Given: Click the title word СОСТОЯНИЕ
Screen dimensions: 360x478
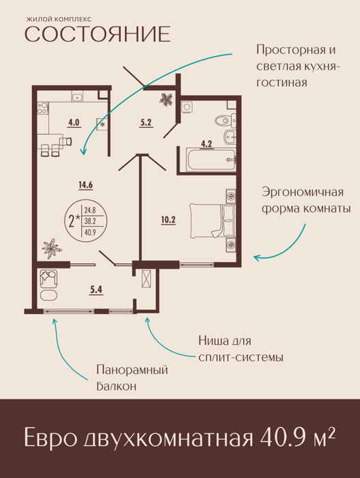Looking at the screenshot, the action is (97, 34).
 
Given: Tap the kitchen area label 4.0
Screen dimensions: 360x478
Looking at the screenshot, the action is (74, 122).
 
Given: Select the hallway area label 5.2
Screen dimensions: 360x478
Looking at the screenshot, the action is (146, 122).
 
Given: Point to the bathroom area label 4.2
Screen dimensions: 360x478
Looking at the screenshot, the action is (206, 143).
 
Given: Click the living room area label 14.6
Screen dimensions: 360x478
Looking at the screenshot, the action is (85, 185).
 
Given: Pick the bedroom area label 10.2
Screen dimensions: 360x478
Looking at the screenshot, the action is (169, 220).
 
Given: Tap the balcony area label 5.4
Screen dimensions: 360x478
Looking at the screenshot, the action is (96, 290).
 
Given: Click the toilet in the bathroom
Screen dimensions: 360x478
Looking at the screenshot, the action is (225, 121).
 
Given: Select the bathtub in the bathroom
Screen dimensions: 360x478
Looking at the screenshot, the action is (211, 160).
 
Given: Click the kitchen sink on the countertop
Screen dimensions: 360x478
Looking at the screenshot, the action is (78, 97).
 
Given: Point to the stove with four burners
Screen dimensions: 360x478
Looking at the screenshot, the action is (43, 108).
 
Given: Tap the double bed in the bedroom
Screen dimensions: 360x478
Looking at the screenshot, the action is (212, 221).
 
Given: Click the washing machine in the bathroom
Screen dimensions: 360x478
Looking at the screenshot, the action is (186, 107).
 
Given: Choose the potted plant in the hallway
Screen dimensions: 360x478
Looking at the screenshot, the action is (166, 100).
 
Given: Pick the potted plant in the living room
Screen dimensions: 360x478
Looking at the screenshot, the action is (51, 249).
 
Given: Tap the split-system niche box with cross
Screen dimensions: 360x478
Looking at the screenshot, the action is (146, 279).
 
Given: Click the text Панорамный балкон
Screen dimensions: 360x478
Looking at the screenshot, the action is (132, 378).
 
